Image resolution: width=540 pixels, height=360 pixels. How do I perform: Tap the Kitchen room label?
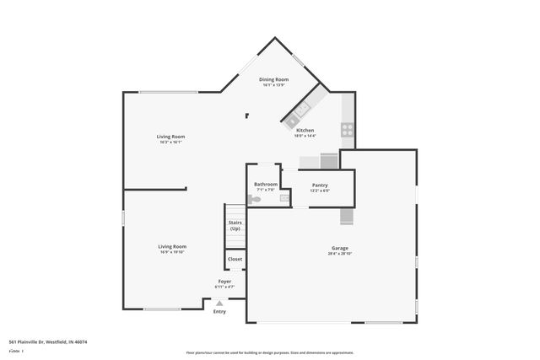coord(305,130)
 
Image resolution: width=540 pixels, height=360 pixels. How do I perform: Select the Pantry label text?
coord(320,185)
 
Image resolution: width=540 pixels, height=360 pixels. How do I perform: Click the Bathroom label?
coord(266,184)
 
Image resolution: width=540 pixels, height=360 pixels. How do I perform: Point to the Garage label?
coord(339,248)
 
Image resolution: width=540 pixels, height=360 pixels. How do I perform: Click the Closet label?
coord(235,259)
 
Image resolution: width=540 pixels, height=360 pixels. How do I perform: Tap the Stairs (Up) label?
coord(235,226)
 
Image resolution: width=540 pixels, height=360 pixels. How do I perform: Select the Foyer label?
coord(224,282)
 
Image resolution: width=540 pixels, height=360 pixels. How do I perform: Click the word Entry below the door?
coord(219,312)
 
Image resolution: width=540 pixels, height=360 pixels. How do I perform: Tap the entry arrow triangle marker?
coord(219,304)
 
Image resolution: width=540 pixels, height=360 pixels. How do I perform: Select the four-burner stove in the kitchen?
coord(346,130)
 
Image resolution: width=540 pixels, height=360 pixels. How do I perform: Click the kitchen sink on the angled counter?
coord(302,110)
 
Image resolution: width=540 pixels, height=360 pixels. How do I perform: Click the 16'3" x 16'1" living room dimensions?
coord(170,142)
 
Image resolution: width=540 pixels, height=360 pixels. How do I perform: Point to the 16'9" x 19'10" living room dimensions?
coord(172,252)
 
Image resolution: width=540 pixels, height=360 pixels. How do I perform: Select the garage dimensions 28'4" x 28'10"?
coord(339,254)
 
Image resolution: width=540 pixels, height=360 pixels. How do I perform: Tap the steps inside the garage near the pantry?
coord(346,217)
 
